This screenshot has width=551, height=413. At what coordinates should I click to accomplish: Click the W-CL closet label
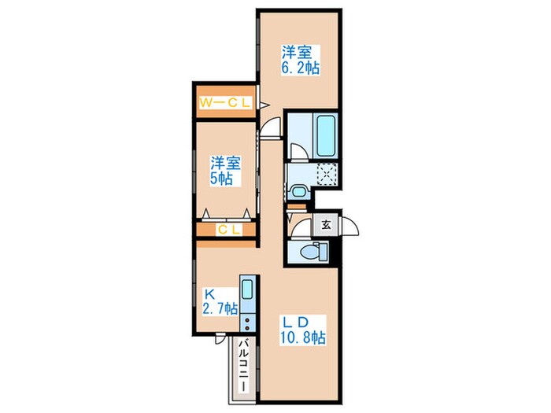click(x=225, y=103)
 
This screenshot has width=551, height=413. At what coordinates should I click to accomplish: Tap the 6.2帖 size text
click(x=301, y=68)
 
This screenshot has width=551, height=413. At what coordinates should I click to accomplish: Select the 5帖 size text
click(x=221, y=179)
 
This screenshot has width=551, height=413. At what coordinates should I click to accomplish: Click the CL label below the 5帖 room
click(x=229, y=230)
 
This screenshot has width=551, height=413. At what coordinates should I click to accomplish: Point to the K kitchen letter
click(x=209, y=293)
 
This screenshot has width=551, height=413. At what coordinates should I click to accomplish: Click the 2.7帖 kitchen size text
click(x=220, y=308)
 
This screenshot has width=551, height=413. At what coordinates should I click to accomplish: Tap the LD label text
click(x=296, y=322)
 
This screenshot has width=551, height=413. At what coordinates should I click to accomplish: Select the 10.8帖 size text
click(x=302, y=337)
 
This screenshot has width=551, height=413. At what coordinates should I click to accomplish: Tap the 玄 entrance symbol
click(x=327, y=224)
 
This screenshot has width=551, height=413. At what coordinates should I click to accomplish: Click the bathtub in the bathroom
click(x=325, y=136)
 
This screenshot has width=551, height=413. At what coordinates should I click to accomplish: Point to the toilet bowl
click(x=309, y=252)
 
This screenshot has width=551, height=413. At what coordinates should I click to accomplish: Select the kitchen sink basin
click(x=247, y=289)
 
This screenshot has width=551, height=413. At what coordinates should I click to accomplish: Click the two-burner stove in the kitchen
click(x=247, y=323)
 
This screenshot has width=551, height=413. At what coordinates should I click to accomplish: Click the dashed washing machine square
click(x=327, y=174)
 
